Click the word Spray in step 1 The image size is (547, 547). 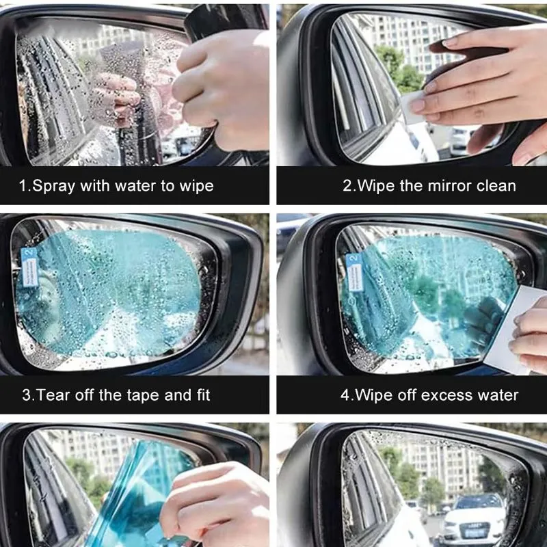[x=53, y=186]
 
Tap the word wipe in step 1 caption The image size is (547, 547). [x=196, y=186]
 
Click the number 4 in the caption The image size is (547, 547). [x=345, y=396]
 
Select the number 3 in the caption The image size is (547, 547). [x=27, y=396]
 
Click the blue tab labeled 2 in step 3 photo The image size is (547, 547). [x=29, y=267]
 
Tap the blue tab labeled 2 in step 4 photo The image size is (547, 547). [x=354, y=273]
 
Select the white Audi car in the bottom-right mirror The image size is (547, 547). [x=474, y=520]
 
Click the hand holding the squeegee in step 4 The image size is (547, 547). [x=529, y=336]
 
